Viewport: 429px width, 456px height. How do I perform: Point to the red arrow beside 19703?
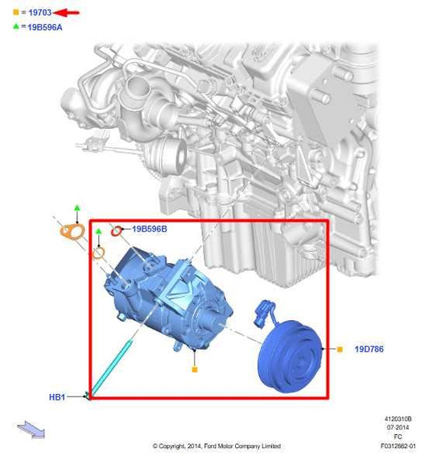(x=68, y=13)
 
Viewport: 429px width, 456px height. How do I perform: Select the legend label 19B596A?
(x=44, y=27)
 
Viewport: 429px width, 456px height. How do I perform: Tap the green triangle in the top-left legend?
(x=16, y=27)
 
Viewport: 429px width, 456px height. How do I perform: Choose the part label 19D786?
(x=368, y=350)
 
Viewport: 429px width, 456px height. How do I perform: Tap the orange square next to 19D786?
(x=340, y=350)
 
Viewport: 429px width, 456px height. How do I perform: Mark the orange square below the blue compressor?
(x=194, y=369)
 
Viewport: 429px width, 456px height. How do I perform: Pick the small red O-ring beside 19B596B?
(x=117, y=231)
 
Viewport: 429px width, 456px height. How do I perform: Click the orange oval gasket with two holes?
(x=73, y=232)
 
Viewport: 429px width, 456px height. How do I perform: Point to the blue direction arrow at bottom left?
(x=31, y=429)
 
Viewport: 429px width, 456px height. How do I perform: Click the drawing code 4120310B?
(x=398, y=419)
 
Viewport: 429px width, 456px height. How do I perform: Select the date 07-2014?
(x=398, y=428)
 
